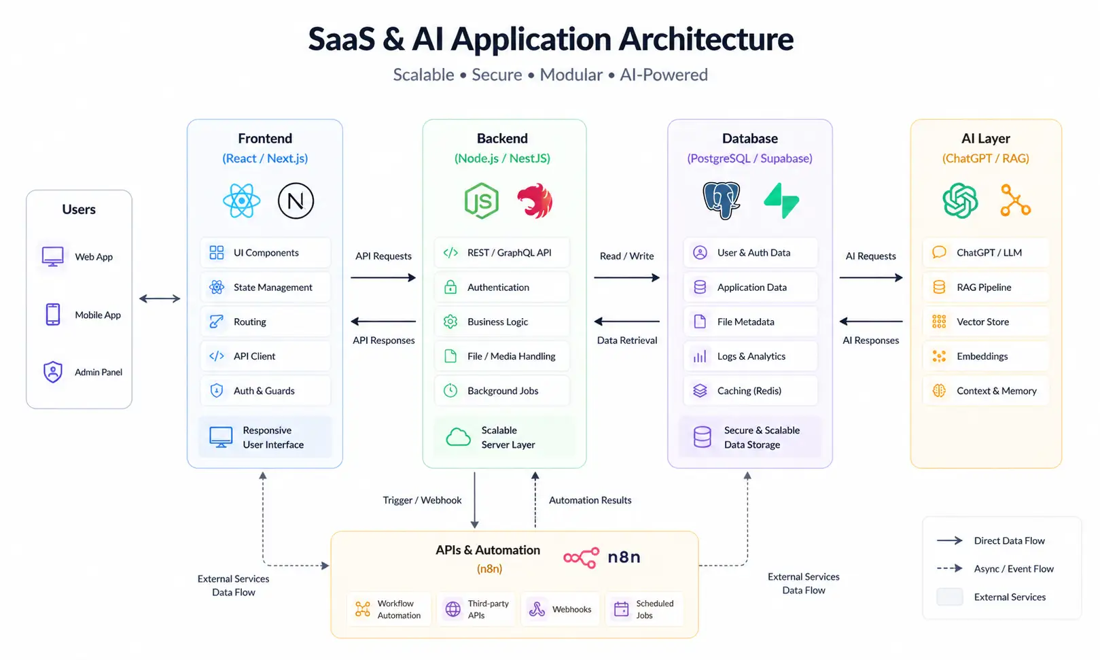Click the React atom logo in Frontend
point(241,201)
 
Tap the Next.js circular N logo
point(296,201)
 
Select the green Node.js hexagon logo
point(481,201)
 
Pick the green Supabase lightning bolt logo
point(781,201)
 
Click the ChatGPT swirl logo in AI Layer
point(960,201)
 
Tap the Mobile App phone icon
point(53,315)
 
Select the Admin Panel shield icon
point(53,372)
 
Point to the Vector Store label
point(982,322)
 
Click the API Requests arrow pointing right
point(383,277)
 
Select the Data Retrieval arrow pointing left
point(626,322)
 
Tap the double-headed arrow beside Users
point(160,298)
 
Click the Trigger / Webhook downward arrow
point(475,500)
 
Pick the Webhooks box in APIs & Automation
point(562,609)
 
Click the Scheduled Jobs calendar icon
point(621,609)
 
